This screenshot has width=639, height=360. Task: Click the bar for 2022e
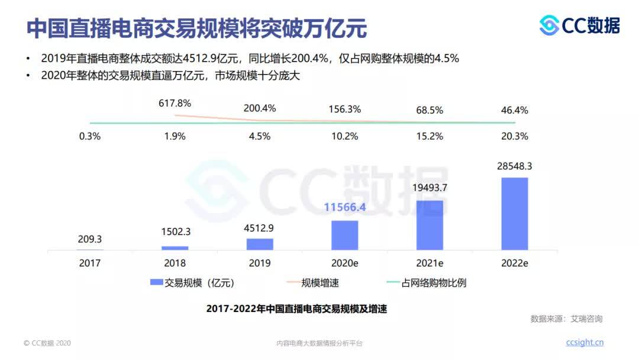pos(514,214)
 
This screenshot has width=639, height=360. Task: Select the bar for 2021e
pos(430,225)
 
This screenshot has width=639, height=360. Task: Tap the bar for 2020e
pos(344,235)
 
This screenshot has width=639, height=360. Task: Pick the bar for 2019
pos(260,244)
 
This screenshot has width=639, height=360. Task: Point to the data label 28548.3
pos(514,166)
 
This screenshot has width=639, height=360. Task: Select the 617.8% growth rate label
pos(175,103)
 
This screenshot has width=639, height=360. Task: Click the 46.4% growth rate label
pos(514,110)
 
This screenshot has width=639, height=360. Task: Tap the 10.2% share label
pos(344,136)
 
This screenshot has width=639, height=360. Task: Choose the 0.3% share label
pos(90,136)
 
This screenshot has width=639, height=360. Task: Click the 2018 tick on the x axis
pos(175,263)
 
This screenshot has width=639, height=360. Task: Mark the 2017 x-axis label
pos(90,263)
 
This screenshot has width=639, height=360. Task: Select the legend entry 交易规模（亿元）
pos(192,283)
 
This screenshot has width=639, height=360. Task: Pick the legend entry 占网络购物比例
pos(425,283)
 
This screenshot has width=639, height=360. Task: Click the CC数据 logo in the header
pos(580,25)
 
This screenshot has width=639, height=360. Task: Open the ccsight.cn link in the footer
pos(585,342)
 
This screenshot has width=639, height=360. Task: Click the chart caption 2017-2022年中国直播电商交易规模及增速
pos(296,308)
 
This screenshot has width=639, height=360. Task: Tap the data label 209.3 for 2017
pos(90,239)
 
